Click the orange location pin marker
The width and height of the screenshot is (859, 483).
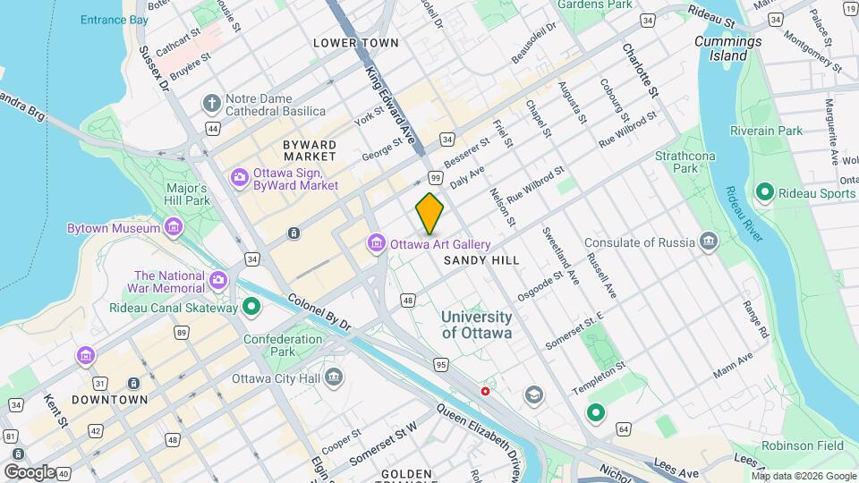pos(430,213)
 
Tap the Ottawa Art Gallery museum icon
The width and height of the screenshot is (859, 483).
pos(376,244)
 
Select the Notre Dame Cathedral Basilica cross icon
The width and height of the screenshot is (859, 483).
pos(212,103)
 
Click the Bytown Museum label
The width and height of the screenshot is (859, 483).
pos(113,229)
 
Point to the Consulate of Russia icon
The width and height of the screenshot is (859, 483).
pos(709,241)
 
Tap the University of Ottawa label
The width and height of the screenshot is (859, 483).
pos(477,325)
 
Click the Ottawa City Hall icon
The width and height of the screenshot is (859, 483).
pos(334,377)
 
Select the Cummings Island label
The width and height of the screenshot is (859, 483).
pos(728,48)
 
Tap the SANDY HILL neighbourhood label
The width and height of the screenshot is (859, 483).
pos(481,260)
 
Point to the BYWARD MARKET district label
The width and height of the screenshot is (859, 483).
pos(310,150)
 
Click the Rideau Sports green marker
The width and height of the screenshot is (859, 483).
pos(765,192)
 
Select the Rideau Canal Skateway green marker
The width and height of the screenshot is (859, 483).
pos(252,308)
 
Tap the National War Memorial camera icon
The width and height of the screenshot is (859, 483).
pos(218,283)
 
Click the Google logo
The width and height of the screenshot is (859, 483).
pos(30,471)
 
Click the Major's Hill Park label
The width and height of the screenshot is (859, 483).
pos(187,194)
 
